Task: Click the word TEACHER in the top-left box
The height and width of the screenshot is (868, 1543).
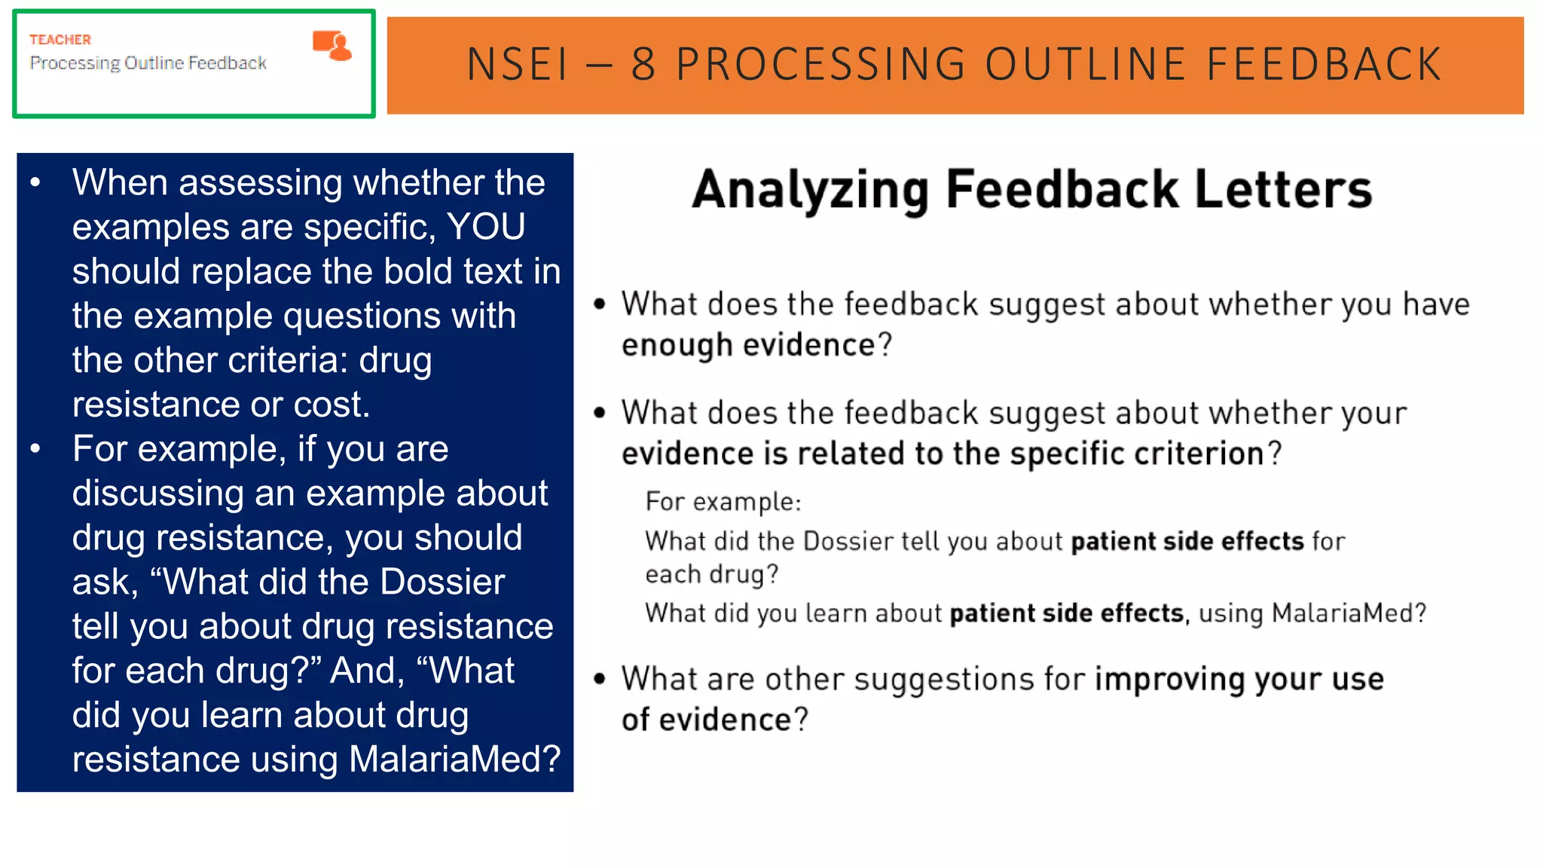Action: (x=60, y=40)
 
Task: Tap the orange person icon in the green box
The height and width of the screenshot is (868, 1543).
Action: (x=333, y=46)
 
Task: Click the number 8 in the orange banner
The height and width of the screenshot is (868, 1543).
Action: (x=643, y=65)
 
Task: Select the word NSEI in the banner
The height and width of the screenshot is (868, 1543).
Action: (x=518, y=65)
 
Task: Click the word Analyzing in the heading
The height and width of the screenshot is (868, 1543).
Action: (x=810, y=190)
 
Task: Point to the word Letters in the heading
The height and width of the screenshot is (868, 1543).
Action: (x=1283, y=190)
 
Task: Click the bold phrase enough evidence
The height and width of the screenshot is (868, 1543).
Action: (x=749, y=345)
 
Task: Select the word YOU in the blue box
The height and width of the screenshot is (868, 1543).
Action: (x=486, y=227)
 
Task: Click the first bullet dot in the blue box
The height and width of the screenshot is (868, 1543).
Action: (x=35, y=182)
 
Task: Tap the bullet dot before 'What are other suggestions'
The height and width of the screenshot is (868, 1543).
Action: (x=600, y=679)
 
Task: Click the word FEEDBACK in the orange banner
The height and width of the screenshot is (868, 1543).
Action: (x=1324, y=65)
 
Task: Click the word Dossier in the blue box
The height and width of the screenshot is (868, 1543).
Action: (x=442, y=582)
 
